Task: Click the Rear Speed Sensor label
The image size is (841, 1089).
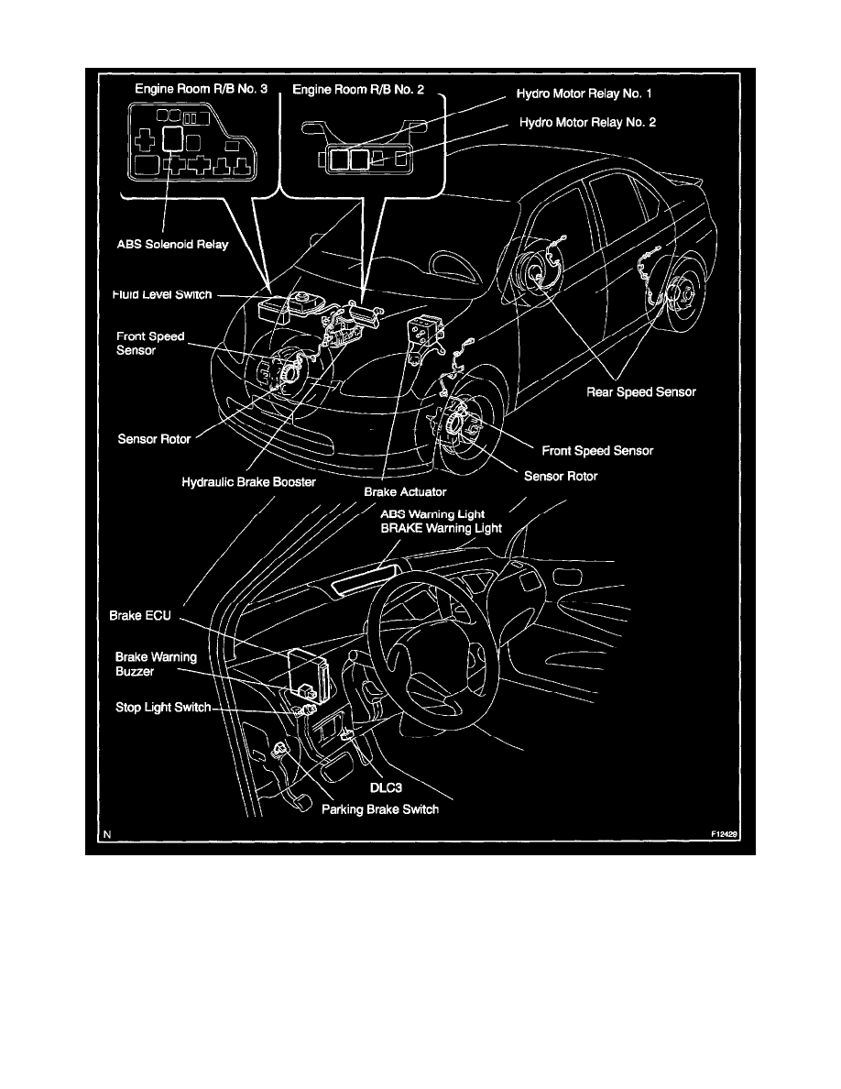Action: point(641,391)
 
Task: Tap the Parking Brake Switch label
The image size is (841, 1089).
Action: point(380,809)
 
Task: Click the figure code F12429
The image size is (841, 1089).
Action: point(725,835)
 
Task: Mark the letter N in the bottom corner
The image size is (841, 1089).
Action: point(107,834)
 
